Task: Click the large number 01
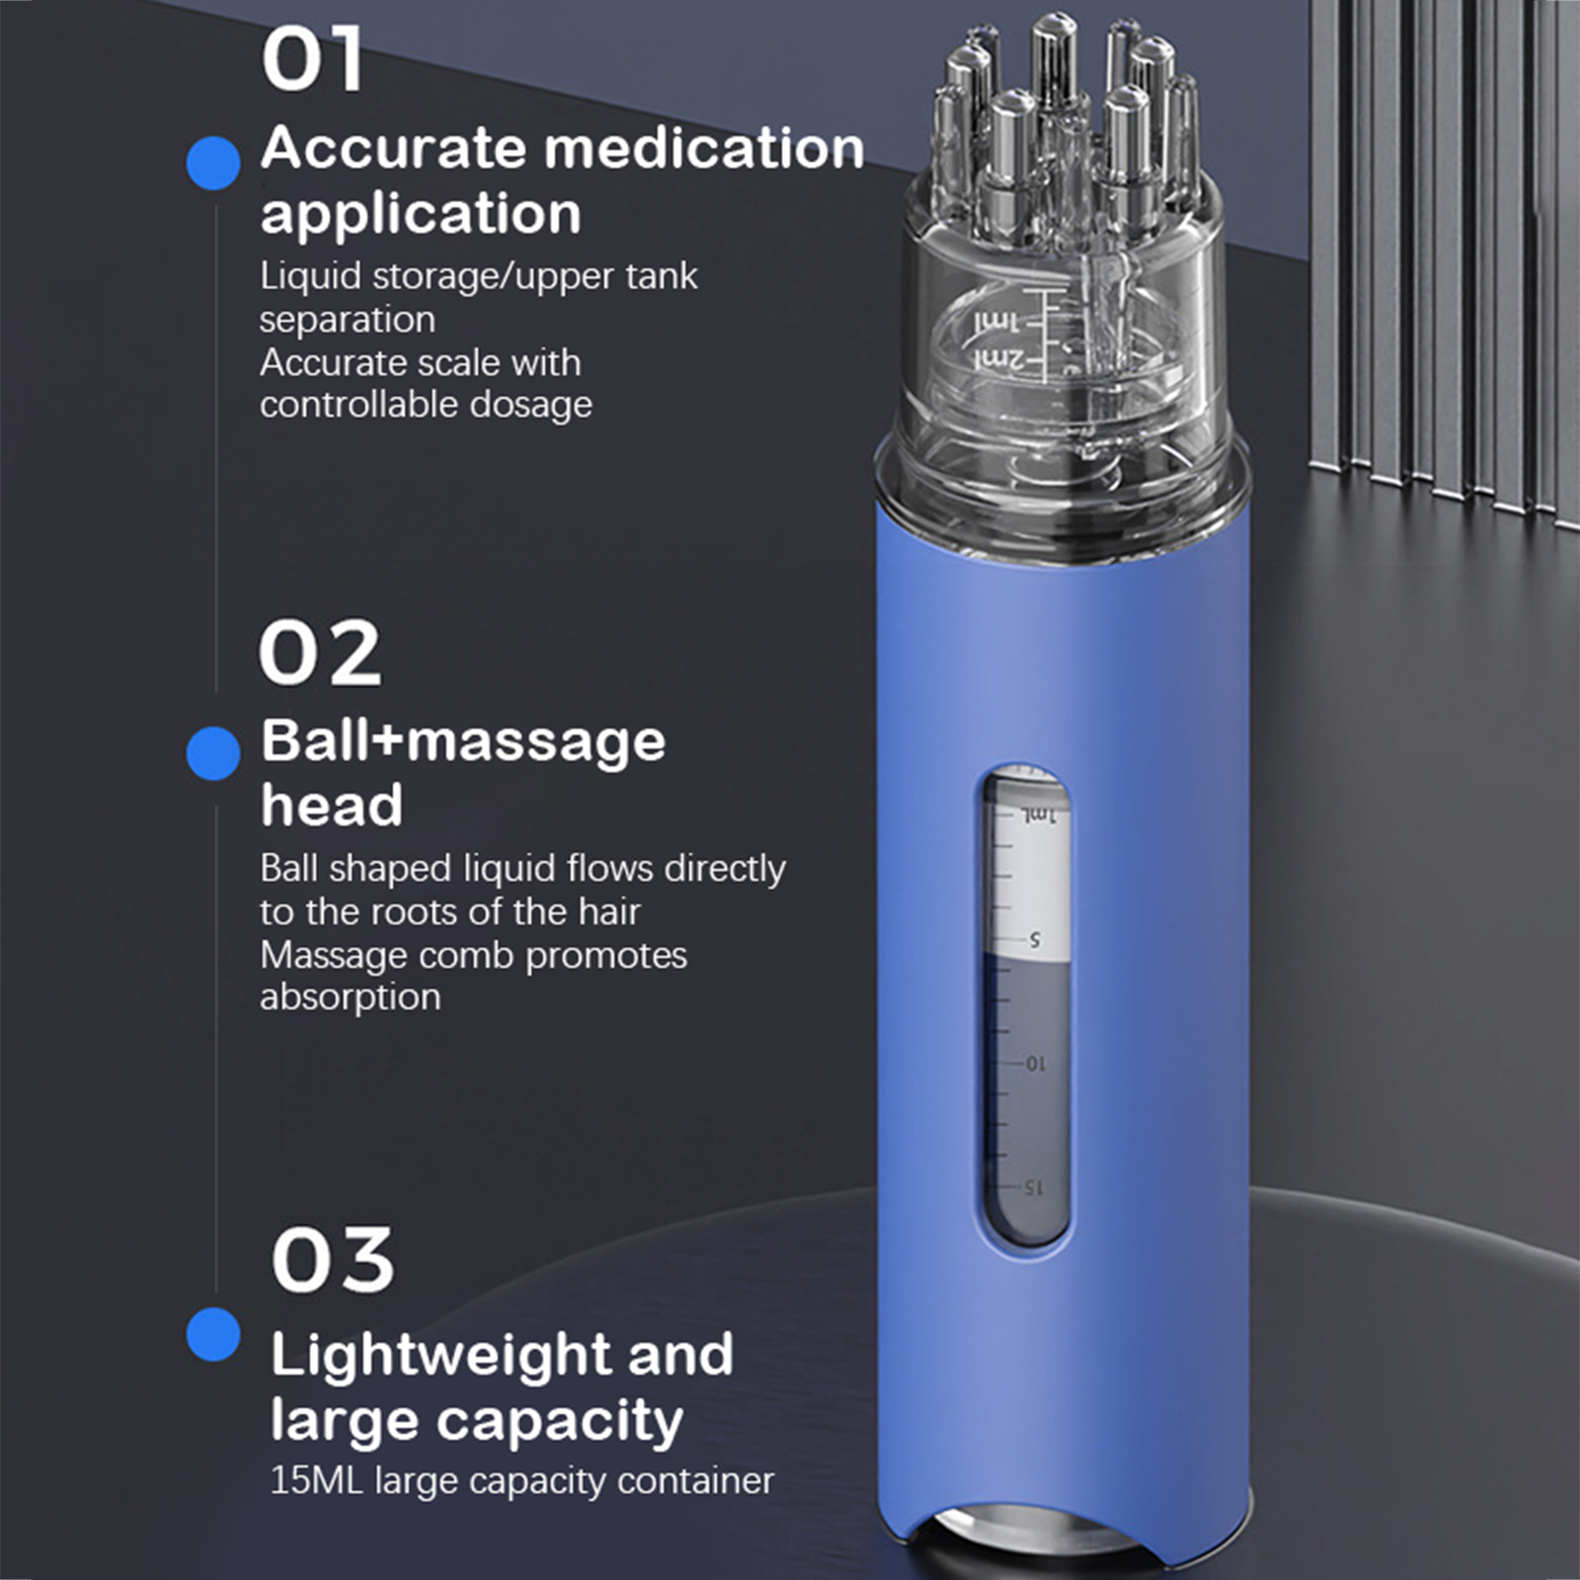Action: tap(313, 60)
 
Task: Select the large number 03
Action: tap(333, 1260)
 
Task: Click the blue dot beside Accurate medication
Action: tap(213, 163)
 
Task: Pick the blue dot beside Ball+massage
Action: tap(213, 753)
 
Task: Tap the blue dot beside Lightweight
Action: tap(213, 1334)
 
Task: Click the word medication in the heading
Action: tap(704, 148)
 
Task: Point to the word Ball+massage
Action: tap(463, 742)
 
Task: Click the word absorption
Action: tap(351, 997)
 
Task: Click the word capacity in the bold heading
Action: tap(560, 1423)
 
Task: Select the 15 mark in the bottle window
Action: tap(1032, 1187)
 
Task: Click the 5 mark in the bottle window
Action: tap(1035, 939)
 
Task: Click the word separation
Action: tap(348, 320)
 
